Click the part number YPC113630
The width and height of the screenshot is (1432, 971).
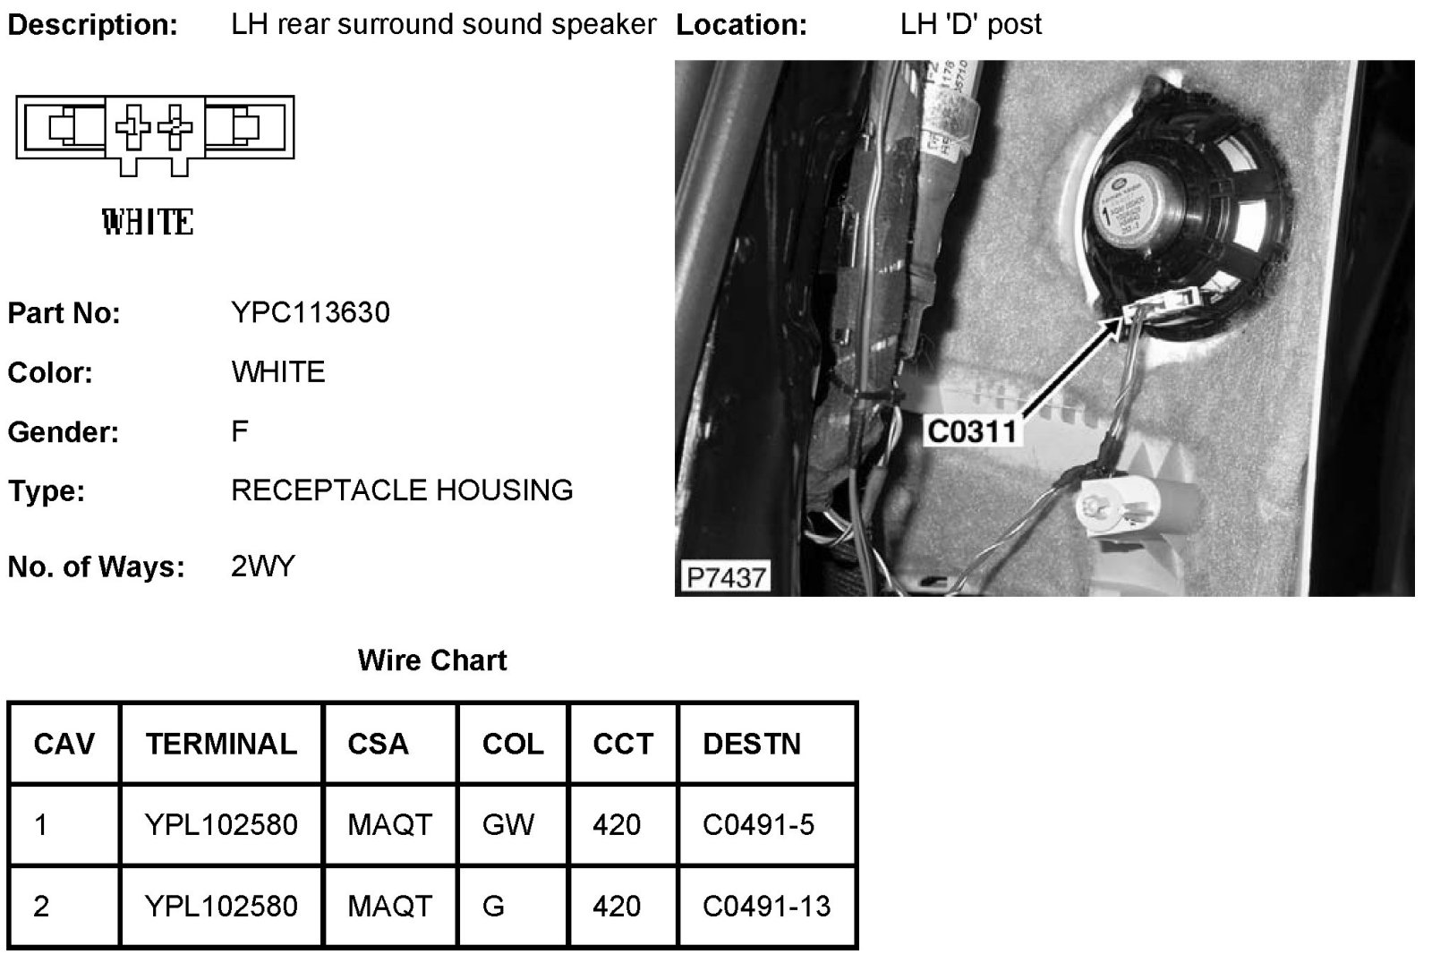(310, 312)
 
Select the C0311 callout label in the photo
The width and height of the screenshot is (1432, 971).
(971, 431)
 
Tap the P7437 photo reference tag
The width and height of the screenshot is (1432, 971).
(725, 577)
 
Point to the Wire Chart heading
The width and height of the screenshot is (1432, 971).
(431, 660)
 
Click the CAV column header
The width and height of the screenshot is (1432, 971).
(64, 744)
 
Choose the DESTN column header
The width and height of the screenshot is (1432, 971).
(751, 744)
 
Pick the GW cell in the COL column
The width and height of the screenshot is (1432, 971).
(507, 824)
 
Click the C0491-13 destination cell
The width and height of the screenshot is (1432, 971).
(766, 906)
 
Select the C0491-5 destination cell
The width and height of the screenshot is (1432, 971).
(758, 824)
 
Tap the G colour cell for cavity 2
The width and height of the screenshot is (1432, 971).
(493, 906)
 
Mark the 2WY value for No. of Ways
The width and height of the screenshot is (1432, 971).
(262, 566)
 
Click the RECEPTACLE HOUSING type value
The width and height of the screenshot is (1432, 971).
(402, 490)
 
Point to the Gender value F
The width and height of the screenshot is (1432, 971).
(239, 431)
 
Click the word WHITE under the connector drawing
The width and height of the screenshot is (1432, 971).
(148, 222)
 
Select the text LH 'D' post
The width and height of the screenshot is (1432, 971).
(971, 24)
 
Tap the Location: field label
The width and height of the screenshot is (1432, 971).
(741, 25)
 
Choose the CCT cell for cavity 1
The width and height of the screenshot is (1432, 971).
(617, 824)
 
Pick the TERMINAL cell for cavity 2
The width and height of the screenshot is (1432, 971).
(221, 906)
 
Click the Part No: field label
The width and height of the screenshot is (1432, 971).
(64, 313)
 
